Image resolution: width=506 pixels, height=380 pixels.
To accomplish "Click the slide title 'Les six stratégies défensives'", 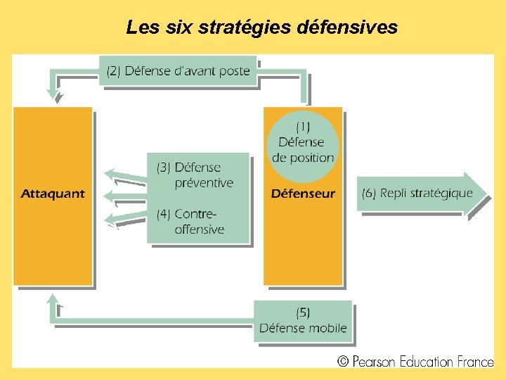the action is click(261, 27).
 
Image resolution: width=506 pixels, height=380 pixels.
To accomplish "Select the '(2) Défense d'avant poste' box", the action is click(178, 70).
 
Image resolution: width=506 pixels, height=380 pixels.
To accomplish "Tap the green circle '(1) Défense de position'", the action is click(303, 143).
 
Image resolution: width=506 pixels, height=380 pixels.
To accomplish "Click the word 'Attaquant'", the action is click(53, 194).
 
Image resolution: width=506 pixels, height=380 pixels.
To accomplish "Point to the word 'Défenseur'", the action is click(303, 194).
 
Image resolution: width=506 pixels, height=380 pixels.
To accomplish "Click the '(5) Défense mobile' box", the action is click(303, 321).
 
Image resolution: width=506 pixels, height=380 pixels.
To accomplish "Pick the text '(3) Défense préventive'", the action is click(195, 175).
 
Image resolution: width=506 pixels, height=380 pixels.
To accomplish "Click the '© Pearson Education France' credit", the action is click(415, 362).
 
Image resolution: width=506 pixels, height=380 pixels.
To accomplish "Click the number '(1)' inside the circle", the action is click(303, 127).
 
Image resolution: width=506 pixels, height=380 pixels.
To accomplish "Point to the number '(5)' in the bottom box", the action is click(303, 312).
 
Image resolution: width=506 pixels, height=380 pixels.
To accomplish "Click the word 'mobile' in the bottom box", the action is click(325, 328).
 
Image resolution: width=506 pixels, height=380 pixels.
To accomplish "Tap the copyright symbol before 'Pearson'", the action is click(343, 362).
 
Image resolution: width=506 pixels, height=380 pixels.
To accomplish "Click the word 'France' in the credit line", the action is click(474, 362).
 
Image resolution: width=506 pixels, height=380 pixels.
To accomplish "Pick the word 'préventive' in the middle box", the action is click(204, 182).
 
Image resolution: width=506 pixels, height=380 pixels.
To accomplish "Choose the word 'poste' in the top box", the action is click(233, 70).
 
